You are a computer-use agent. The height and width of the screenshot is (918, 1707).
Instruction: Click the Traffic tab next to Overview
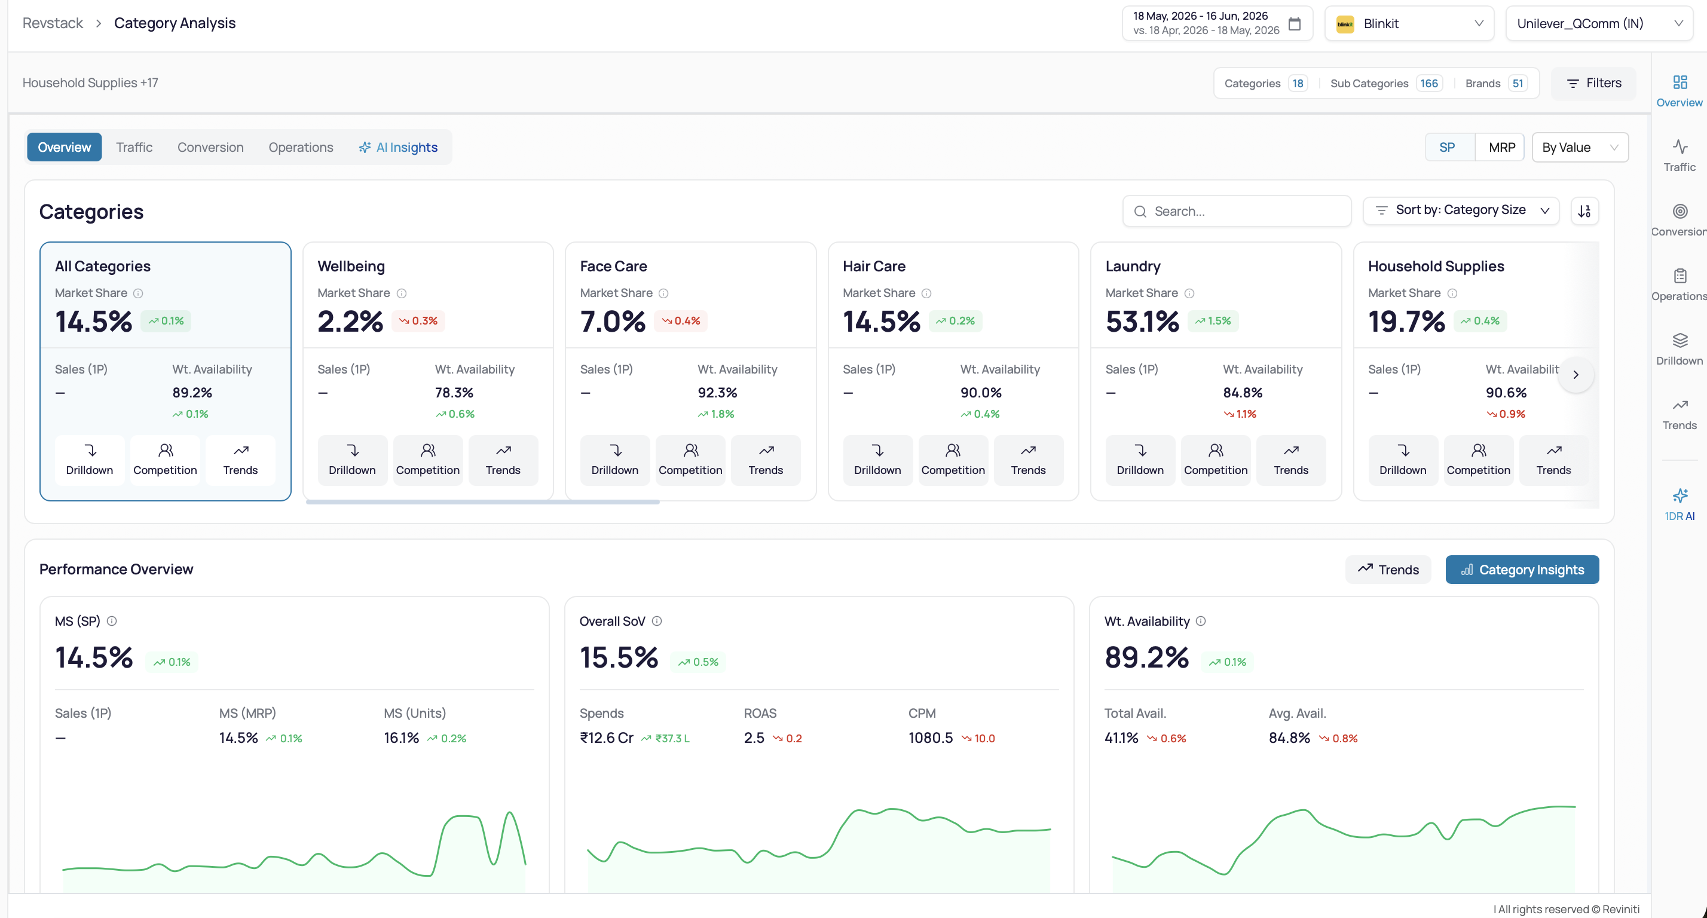coord(134,147)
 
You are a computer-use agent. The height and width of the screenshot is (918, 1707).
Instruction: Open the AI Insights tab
coord(398,147)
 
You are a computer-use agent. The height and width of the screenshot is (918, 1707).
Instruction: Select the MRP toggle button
coord(1501,147)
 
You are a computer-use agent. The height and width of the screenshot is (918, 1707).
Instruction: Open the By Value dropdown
coord(1580,147)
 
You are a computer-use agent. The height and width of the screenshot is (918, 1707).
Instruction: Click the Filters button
coord(1593,83)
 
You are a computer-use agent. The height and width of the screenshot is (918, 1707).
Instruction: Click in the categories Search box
coord(1237,211)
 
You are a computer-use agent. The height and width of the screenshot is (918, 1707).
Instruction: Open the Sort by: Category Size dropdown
coord(1461,210)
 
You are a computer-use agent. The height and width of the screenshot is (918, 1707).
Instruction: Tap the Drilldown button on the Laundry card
coord(1140,460)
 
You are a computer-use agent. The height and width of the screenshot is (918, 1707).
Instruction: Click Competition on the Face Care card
coord(690,460)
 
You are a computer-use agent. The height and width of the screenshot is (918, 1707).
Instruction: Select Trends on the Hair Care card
coord(1028,460)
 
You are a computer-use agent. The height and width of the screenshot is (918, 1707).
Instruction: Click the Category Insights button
coord(1522,570)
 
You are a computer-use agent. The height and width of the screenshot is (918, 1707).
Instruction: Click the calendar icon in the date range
coord(1294,24)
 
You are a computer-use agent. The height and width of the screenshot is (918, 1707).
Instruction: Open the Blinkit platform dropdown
coord(1409,24)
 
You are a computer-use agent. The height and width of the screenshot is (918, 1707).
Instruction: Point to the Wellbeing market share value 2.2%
coord(350,322)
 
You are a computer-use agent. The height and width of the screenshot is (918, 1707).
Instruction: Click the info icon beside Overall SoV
coord(657,621)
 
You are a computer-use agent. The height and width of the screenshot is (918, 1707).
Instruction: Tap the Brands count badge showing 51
coord(1518,84)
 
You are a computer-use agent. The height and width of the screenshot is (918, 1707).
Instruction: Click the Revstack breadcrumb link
coord(53,23)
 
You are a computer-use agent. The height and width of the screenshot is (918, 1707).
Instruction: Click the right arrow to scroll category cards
coord(1576,375)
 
